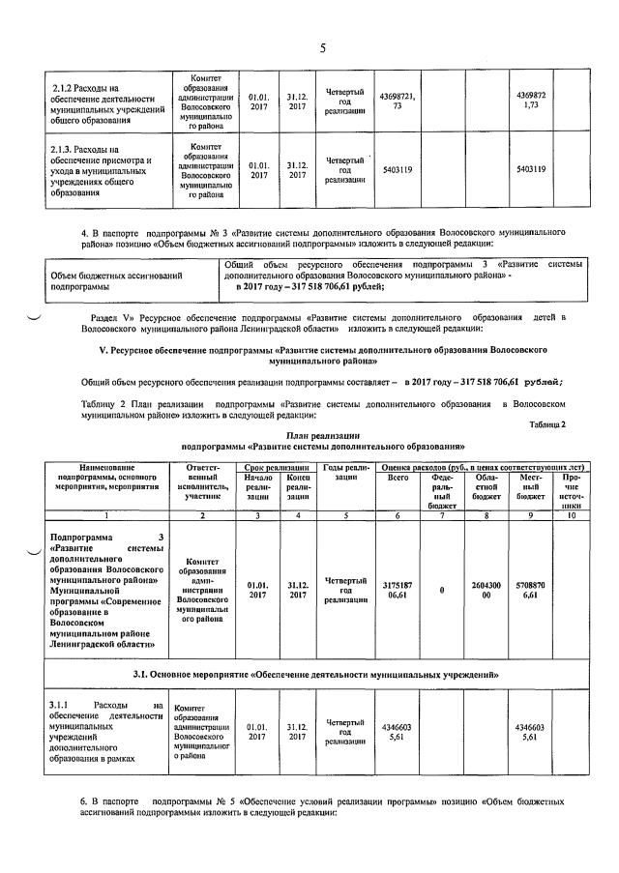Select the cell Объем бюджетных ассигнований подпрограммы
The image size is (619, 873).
tap(116, 281)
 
